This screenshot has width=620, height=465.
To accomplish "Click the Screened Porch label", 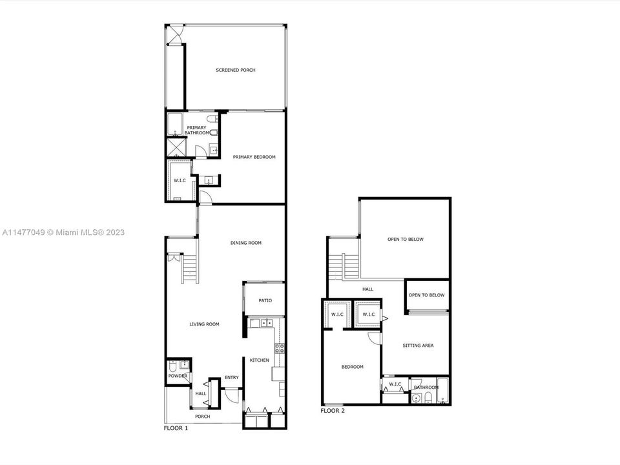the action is click(236, 70).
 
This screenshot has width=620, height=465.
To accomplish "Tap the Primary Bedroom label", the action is click(254, 157).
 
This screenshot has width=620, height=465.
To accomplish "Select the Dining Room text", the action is click(246, 243).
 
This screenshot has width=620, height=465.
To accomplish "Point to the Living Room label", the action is click(204, 324).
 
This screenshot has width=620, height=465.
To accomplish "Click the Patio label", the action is click(265, 300).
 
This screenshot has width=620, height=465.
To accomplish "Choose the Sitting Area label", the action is click(418, 345).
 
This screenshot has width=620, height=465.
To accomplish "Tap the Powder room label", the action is click(178, 376).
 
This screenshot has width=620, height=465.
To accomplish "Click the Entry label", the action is click(232, 377).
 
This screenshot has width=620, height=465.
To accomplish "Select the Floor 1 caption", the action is click(176, 428).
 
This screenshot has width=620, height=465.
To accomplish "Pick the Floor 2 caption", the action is click(333, 411).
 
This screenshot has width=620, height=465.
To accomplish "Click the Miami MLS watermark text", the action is click(63, 232).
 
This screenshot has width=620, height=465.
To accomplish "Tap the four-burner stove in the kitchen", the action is click(280, 348).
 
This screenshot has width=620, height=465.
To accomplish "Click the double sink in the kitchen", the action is click(267, 323).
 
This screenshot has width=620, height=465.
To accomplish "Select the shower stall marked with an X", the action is click(176, 147).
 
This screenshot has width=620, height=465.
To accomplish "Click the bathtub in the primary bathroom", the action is click(174, 124).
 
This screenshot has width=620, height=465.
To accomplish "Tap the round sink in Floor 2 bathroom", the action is click(415, 398).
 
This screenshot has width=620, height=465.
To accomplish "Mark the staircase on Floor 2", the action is click(344, 267).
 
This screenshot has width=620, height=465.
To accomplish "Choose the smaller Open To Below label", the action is click(427, 295).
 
